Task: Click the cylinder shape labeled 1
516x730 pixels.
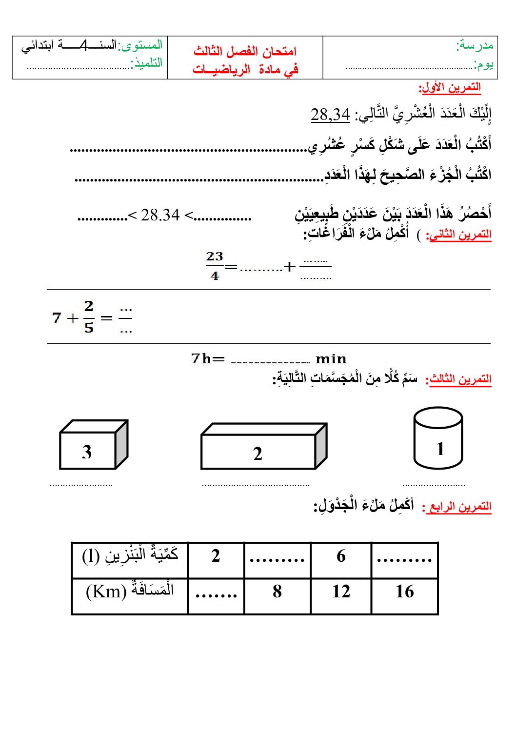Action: coord(438,438)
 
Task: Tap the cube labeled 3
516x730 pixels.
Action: coord(93,445)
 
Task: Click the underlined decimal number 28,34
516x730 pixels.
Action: coord(330,115)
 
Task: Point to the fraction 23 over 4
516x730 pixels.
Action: coord(215,266)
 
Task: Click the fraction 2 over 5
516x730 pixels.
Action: coord(89,317)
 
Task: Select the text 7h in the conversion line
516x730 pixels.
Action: coord(201,359)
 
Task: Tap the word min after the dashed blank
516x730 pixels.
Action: coord(331,359)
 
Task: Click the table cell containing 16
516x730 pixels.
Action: coord(404,592)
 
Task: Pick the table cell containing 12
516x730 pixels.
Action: coord(341,592)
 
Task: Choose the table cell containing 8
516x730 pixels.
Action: coord(277,592)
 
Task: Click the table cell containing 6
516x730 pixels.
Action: coord(341,556)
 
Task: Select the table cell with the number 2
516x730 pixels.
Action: coord(216,556)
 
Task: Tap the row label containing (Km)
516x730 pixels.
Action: coord(130,591)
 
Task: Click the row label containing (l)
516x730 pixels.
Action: coord(130,555)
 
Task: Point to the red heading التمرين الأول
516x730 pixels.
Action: coord(450,88)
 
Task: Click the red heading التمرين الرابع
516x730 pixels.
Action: coord(457,507)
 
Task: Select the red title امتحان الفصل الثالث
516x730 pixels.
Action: coord(245,51)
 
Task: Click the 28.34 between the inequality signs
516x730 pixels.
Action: coord(160,215)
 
